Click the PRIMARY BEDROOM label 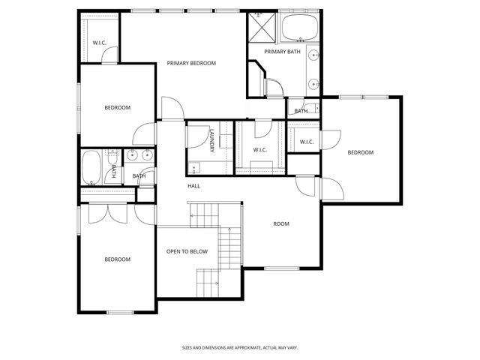(x=191, y=64)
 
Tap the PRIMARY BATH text (x=282, y=52)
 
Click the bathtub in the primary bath (x=299, y=28)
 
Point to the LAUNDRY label (x=212, y=142)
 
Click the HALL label (x=193, y=185)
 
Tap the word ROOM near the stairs (x=281, y=223)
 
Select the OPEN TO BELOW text (x=187, y=251)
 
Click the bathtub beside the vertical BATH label (x=91, y=167)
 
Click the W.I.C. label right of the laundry (x=260, y=150)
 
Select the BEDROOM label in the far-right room (x=360, y=153)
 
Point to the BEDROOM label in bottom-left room (x=117, y=259)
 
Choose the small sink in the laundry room (x=194, y=167)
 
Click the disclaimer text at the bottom (x=239, y=347)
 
